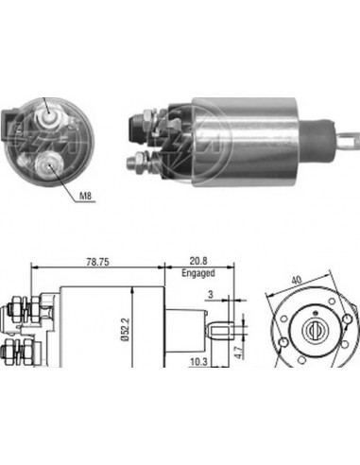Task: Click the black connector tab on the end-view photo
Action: [12, 124]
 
